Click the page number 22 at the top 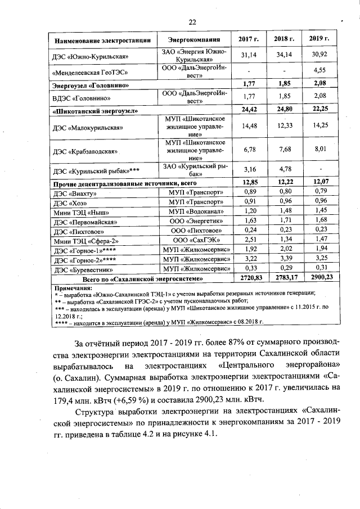(x=192, y=22)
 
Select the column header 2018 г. (x=284, y=40)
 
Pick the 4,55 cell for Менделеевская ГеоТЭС (x=319, y=71)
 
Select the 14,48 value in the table (x=249, y=127)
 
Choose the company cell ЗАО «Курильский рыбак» (x=195, y=170)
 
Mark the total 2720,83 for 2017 (x=249, y=278)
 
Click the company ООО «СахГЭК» (x=195, y=241)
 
